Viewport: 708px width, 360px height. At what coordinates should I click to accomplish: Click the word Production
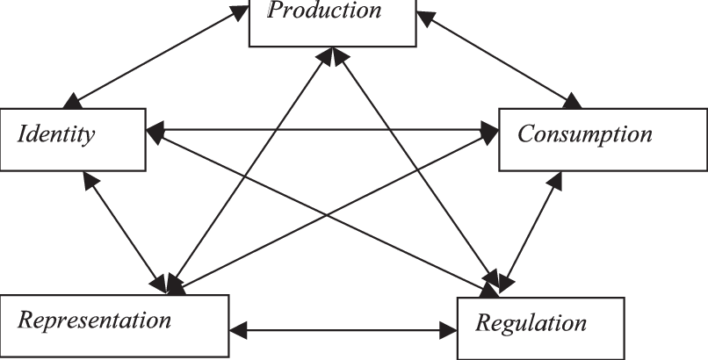coord(324,11)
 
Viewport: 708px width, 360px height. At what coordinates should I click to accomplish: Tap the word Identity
coord(56,136)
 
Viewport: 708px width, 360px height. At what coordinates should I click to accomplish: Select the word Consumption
coord(584,134)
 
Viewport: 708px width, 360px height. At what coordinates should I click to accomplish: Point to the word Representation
coord(95,320)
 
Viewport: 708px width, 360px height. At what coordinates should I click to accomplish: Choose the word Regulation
coord(531,323)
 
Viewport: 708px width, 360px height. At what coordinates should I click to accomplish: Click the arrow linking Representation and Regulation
coord(343,332)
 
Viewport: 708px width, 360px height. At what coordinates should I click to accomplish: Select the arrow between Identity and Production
coord(158,54)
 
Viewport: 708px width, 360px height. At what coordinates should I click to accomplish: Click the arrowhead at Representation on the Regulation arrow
coord(238,332)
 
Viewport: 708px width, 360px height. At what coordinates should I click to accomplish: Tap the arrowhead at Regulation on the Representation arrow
coord(448,332)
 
